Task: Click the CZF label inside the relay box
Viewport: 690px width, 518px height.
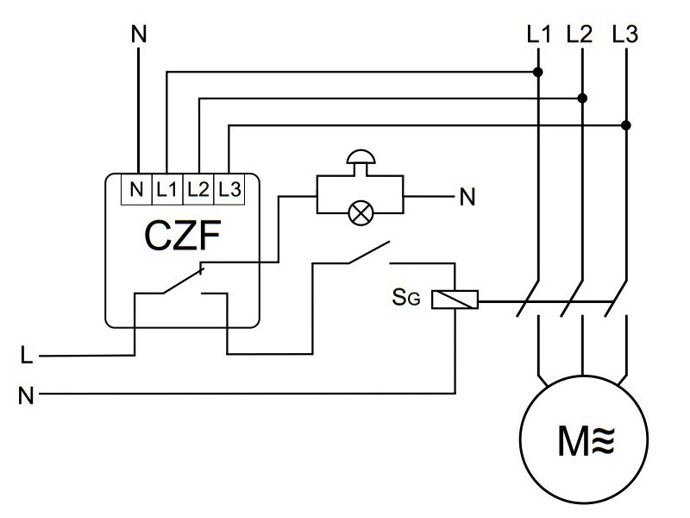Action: pyautogui.click(x=181, y=237)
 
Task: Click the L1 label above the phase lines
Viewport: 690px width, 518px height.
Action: pyautogui.click(x=537, y=36)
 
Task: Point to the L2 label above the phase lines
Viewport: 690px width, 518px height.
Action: pyautogui.click(x=580, y=36)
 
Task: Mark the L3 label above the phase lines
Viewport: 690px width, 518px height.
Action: pyautogui.click(x=624, y=36)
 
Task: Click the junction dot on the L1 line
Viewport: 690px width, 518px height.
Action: pyautogui.click(x=538, y=72)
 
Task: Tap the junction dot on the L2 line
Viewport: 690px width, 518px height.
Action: pyautogui.click(x=583, y=98)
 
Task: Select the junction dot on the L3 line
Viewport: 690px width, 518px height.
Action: pyautogui.click(x=627, y=126)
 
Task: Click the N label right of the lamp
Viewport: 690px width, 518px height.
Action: pyautogui.click(x=467, y=198)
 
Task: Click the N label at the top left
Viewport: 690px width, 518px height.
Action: pyautogui.click(x=138, y=35)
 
